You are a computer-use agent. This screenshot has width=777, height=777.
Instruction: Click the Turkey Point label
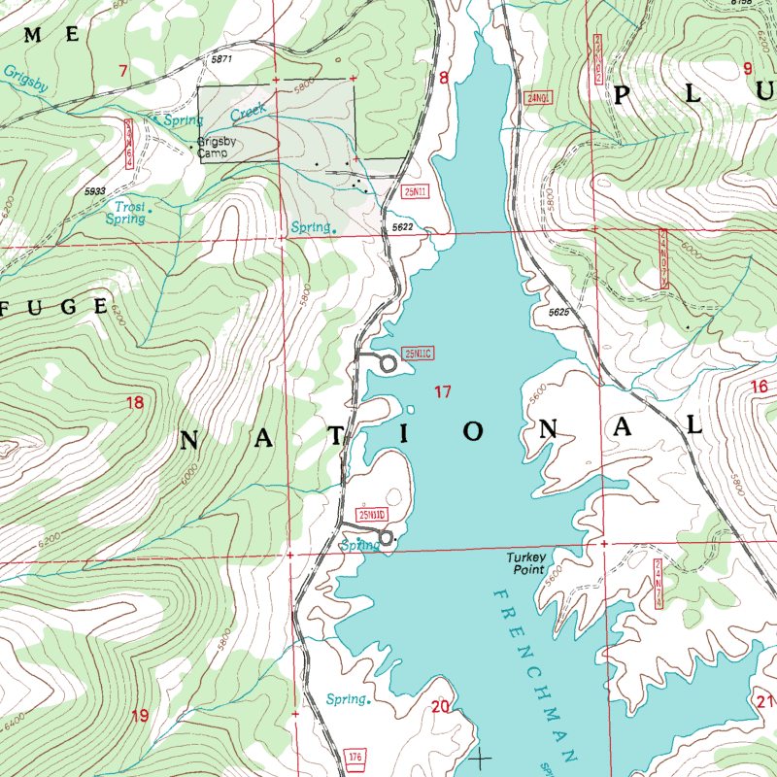[x=527, y=563]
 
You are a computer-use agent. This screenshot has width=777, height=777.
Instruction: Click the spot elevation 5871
[x=222, y=60]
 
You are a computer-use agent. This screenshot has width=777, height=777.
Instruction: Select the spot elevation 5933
[x=94, y=191]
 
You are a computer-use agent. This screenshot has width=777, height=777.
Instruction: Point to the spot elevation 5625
[x=557, y=313]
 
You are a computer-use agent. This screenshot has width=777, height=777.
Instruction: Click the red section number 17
[x=443, y=392]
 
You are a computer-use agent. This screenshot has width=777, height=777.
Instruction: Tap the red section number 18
[x=134, y=402]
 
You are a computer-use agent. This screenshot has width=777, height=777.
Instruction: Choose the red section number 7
[x=123, y=70]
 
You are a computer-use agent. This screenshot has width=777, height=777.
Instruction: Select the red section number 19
[x=140, y=716]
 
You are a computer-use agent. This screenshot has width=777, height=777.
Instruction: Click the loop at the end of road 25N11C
[x=388, y=364]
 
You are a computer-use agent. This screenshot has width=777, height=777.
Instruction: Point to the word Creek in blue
[x=248, y=114]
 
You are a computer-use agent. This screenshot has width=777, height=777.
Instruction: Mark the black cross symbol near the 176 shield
[x=480, y=757]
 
